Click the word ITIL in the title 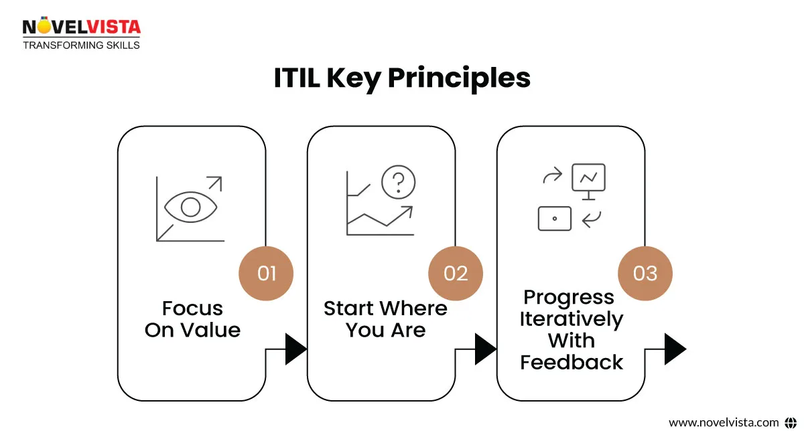(297, 78)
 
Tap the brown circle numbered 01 (266, 273)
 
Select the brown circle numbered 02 (456, 273)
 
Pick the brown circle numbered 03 (645, 273)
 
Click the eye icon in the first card (191, 207)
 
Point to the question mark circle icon (398, 181)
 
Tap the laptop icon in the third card (555, 218)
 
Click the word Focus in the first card (192, 309)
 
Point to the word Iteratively (571, 319)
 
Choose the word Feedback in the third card (571, 362)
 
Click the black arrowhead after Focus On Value (295, 349)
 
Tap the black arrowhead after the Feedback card (675, 349)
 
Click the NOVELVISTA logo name (82, 27)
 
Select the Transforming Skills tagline (81, 45)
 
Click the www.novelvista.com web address (724, 422)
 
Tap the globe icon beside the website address (790, 422)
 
